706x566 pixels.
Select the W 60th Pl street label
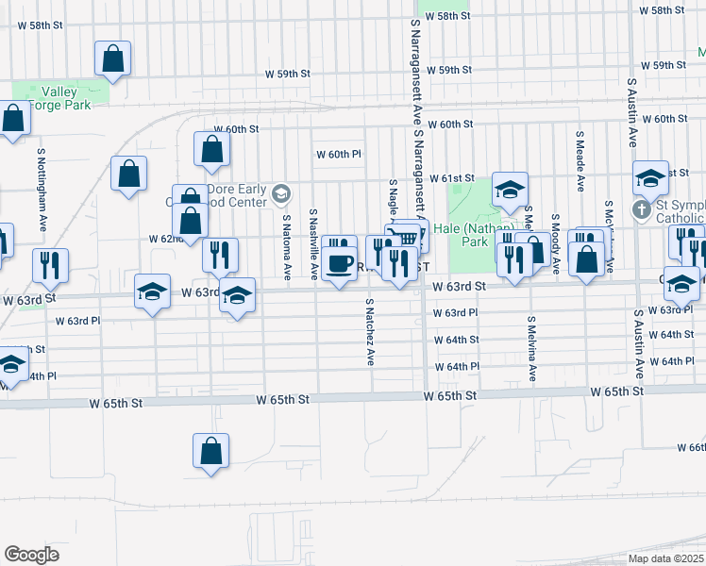click(x=339, y=154)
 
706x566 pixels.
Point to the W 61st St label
click(x=450, y=178)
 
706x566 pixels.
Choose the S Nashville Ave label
click(x=312, y=244)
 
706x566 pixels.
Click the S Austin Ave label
click(x=630, y=112)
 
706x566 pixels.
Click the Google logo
click(x=31, y=555)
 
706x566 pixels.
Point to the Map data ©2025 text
click(x=665, y=558)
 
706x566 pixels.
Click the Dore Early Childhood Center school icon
click(x=279, y=195)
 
